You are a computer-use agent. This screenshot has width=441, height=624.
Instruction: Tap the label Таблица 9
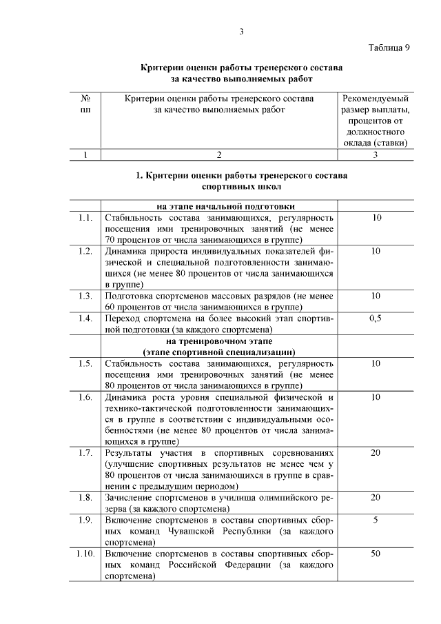389,48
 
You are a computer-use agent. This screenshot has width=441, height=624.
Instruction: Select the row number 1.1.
85,218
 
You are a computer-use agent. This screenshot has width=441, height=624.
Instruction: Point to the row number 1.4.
85,318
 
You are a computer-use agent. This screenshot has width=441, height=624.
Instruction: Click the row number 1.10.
85,554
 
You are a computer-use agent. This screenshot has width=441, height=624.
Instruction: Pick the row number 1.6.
85,397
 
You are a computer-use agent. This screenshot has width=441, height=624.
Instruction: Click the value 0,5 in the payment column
376,318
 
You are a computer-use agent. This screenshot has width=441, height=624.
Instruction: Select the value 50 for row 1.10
376,554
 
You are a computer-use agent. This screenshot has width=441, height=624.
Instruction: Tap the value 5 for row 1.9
376,520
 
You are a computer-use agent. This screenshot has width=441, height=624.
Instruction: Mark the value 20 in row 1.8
376,497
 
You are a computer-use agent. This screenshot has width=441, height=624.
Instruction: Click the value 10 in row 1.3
376,296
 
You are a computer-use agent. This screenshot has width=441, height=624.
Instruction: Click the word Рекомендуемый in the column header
376,99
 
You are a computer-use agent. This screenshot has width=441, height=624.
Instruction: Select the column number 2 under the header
219,154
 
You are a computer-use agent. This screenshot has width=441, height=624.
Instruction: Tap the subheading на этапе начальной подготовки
219,206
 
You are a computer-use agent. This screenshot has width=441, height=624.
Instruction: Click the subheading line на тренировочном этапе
219,341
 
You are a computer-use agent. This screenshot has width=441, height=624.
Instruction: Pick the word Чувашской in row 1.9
193,532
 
